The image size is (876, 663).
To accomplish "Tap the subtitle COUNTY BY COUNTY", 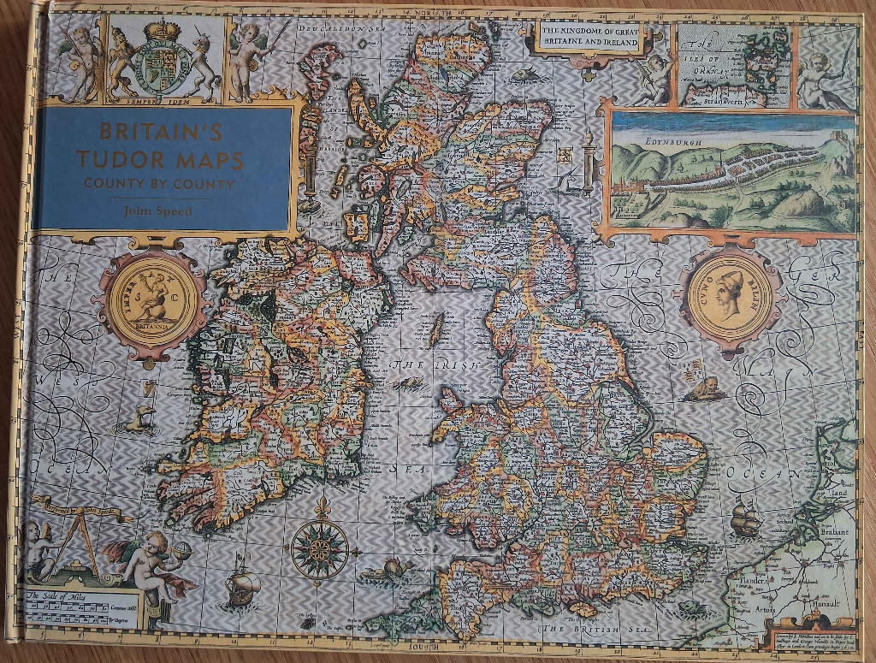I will click(159, 183).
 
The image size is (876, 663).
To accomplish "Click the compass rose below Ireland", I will click(319, 547).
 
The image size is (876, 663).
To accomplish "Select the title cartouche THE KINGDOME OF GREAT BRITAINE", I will click(591, 38).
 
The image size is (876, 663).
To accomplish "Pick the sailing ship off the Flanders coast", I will click(746, 518).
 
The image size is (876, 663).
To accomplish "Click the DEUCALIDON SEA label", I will click(343, 28).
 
